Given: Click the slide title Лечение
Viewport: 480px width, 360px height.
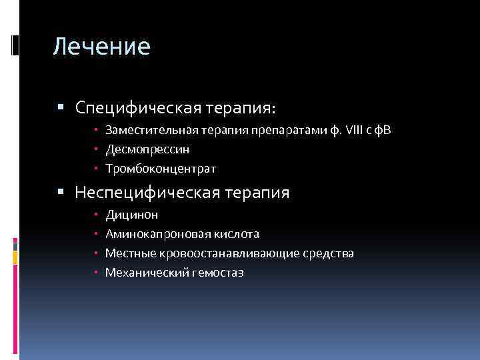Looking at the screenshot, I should [x=102, y=47].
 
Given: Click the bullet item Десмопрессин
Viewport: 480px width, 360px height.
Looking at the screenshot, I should [x=147, y=149].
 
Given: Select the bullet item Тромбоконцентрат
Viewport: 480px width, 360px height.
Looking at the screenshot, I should [x=161, y=169].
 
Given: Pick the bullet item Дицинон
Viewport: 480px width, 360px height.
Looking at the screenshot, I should [x=131, y=215].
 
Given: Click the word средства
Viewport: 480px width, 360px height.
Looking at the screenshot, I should [x=331, y=253].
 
